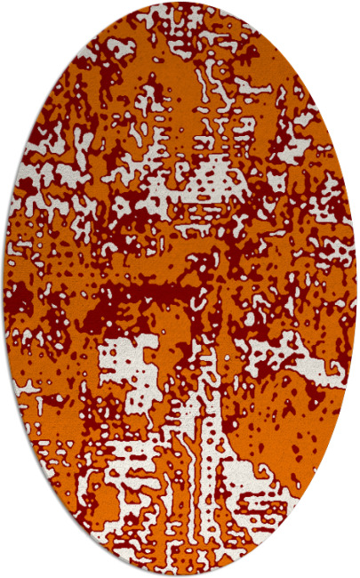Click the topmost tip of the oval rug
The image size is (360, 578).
click(180, 3)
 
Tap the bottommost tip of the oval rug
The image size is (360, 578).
click(180, 575)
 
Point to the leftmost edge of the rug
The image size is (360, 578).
click(4, 289)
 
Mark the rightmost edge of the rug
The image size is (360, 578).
click(356, 289)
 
